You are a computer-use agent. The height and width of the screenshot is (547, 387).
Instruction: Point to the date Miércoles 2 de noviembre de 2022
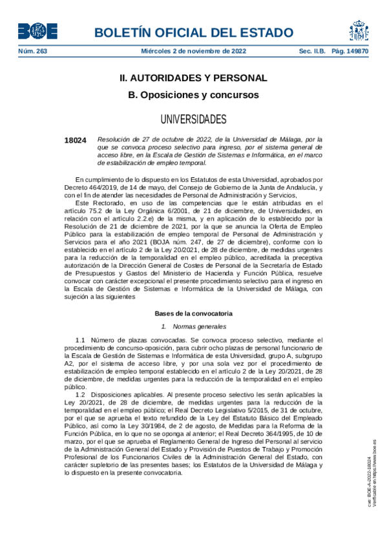click(x=193, y=51)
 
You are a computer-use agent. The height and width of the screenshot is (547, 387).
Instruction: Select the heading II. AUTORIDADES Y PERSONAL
click(x=193, y=78)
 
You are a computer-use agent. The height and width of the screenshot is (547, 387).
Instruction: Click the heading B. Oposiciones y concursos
click(x=193, y=95)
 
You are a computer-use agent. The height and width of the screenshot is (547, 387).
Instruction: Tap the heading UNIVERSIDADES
click(x=193, y=119)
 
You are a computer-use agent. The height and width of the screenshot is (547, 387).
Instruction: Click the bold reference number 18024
click(x=75, y=140)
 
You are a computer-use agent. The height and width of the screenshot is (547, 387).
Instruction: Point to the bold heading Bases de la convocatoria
click(x=193, y=313)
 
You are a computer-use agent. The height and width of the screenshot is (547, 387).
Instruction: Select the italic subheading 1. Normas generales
click(x=193, y=326)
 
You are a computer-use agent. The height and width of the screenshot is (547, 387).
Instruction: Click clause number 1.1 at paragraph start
click(x=80, y=339)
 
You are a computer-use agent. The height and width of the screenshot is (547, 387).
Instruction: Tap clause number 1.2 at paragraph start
click(x=80, y=394)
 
